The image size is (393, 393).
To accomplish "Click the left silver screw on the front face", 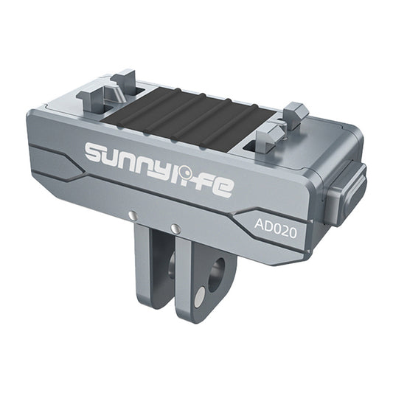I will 132,215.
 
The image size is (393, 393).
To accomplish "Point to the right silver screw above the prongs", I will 175,229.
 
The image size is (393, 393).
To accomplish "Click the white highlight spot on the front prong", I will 201,296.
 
